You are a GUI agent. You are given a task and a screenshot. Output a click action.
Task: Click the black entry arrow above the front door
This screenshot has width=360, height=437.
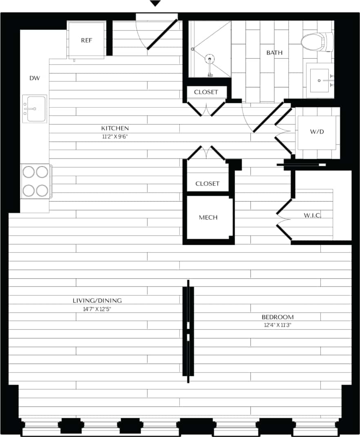[155, 4]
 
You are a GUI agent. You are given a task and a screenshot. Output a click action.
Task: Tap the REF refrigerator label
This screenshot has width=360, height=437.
[86, 40]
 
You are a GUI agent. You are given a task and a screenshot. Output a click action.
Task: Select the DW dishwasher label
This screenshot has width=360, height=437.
[35, 78]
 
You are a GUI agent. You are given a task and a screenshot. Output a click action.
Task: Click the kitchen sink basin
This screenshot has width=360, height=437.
[35, 109]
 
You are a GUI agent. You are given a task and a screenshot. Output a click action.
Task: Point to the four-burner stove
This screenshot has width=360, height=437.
[36, 181]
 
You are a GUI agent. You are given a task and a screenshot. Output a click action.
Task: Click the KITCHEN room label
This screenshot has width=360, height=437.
[115, 129]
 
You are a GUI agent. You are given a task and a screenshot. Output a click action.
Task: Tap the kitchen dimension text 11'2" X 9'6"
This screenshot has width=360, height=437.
[115, 137]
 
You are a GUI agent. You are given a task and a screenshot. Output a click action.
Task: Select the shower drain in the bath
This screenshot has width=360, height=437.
[210, 59]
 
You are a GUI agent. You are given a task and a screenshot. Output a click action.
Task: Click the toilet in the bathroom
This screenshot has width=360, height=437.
[317, 42]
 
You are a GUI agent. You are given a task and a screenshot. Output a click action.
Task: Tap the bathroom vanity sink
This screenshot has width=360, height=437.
[320, 80]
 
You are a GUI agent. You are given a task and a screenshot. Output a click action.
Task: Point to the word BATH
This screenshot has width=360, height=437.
[274, 53]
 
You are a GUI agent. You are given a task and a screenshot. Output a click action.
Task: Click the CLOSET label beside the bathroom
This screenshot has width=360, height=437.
[206, 92]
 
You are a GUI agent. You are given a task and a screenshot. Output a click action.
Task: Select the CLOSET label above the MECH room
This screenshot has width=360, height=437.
[207, 184]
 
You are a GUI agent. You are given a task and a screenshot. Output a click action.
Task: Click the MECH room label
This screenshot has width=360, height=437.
[208, 217]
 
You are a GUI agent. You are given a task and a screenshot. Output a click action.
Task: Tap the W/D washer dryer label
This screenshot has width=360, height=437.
[317, 132]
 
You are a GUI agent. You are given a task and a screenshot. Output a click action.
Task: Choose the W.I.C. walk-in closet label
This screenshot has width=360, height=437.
[312, 215]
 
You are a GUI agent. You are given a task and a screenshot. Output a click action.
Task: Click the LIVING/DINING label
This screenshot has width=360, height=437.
[97, 301]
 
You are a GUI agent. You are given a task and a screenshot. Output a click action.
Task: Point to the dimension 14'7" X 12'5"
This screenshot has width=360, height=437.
[97, 309]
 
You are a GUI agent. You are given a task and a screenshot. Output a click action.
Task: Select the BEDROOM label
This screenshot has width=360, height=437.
[278, 317]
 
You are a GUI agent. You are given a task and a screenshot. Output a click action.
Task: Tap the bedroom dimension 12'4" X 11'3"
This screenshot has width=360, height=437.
[278, 325]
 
